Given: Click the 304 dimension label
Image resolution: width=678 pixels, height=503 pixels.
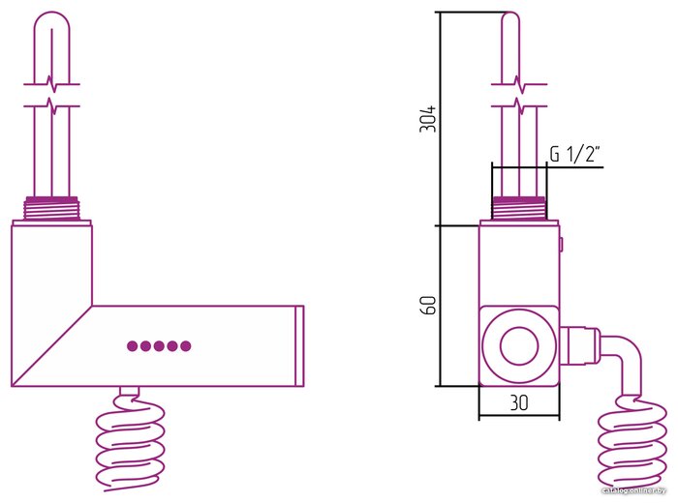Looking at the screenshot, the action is point(428,119).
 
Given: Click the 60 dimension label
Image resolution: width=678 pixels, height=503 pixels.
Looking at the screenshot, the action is point(428,306).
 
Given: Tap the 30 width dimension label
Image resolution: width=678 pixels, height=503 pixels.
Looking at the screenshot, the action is point(519,402).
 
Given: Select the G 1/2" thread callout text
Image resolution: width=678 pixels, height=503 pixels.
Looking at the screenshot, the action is point(574,154).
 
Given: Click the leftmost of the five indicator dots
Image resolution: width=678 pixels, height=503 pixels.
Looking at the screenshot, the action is point(133,346).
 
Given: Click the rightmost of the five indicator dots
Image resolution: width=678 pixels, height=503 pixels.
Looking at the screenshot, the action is point(186,346).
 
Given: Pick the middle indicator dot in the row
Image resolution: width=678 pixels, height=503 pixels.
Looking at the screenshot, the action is point(159,346).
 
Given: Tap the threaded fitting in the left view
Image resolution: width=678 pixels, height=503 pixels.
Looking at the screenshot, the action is point(51,209).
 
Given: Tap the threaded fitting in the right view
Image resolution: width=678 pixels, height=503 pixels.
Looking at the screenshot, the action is point(519,209).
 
